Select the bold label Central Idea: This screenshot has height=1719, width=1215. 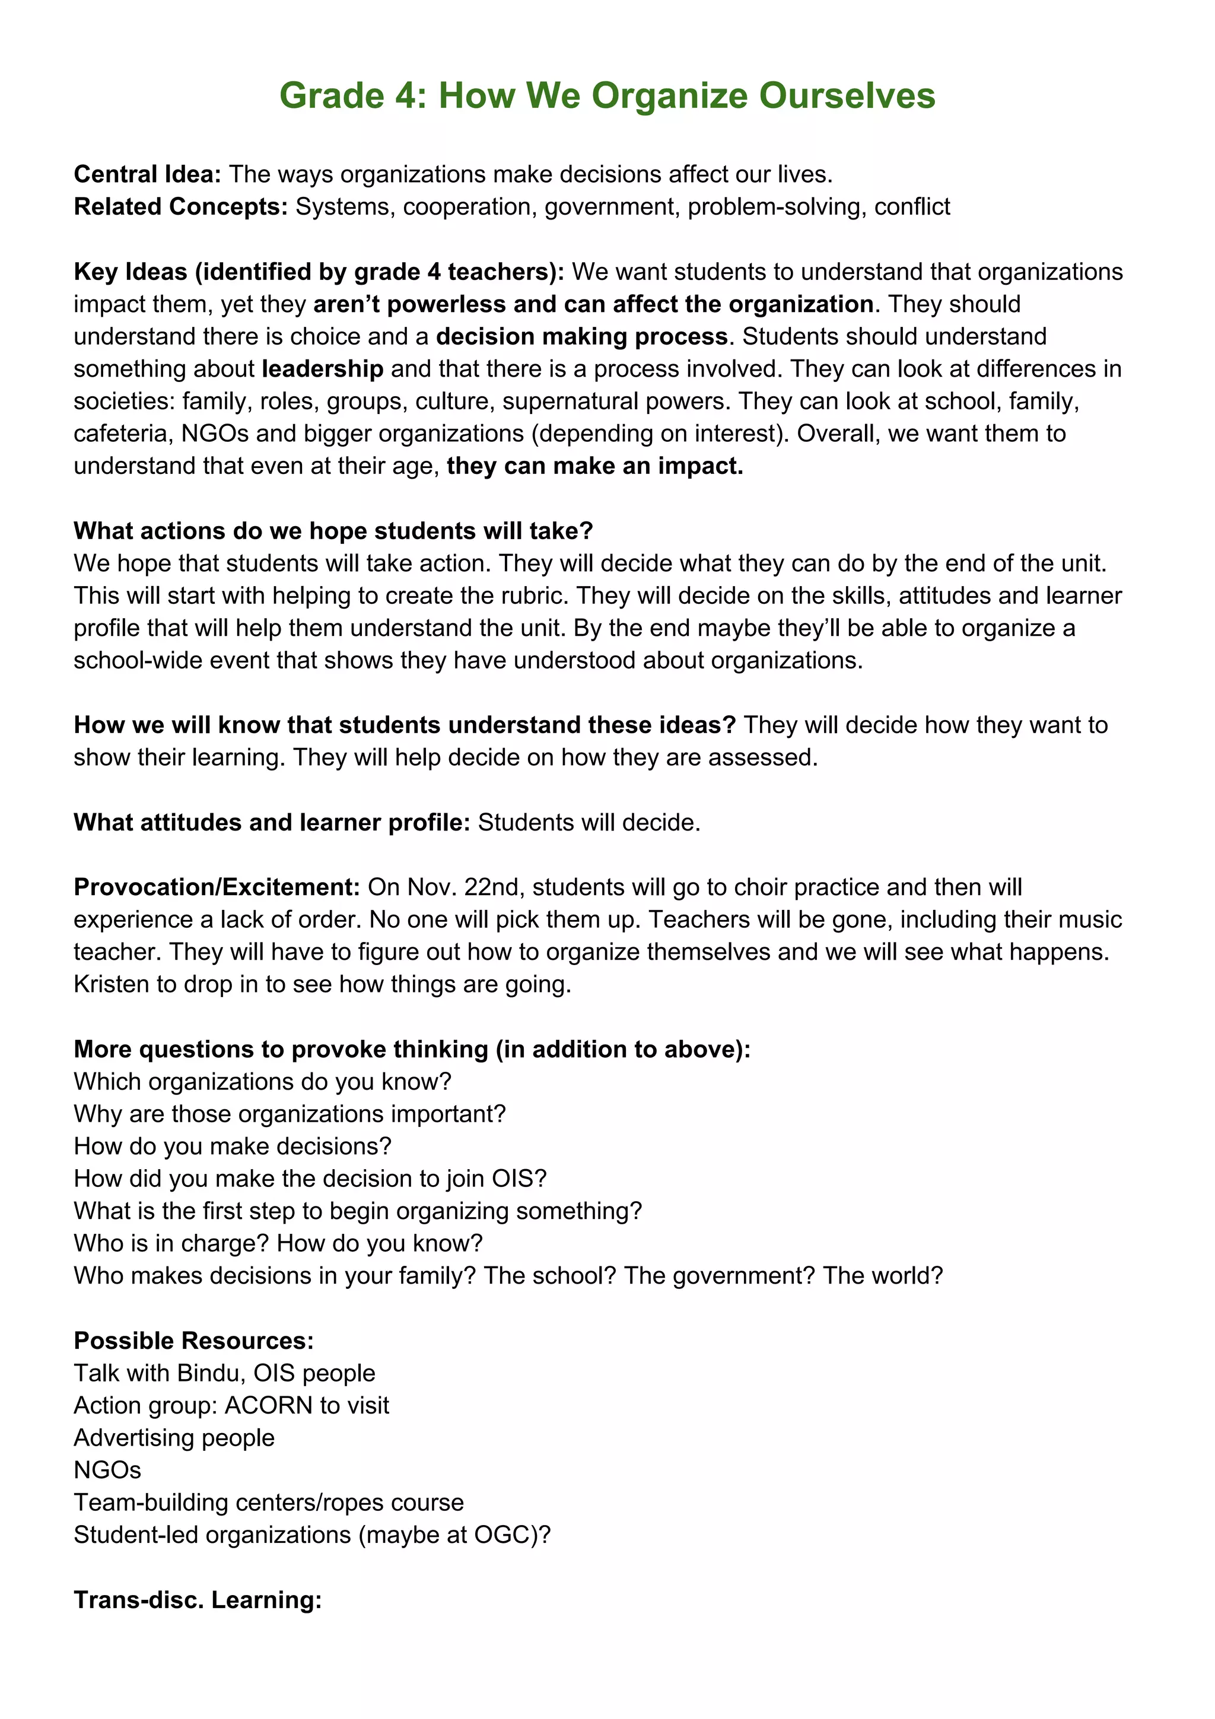pos(147,174)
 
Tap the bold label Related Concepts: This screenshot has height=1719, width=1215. pos(180,206)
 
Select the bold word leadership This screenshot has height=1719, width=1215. pos(323,369)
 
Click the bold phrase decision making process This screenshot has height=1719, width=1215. pos(581,337)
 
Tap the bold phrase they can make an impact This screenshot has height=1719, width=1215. pos(594,466)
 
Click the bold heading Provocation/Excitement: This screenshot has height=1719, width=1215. pos(217,887)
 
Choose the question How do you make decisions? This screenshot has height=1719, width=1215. pos(232,1146)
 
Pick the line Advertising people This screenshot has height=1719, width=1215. pos(174,1437)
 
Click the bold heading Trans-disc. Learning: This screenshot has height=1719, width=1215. pos(198,1600)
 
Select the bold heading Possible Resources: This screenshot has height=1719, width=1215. pos(193,1340)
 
